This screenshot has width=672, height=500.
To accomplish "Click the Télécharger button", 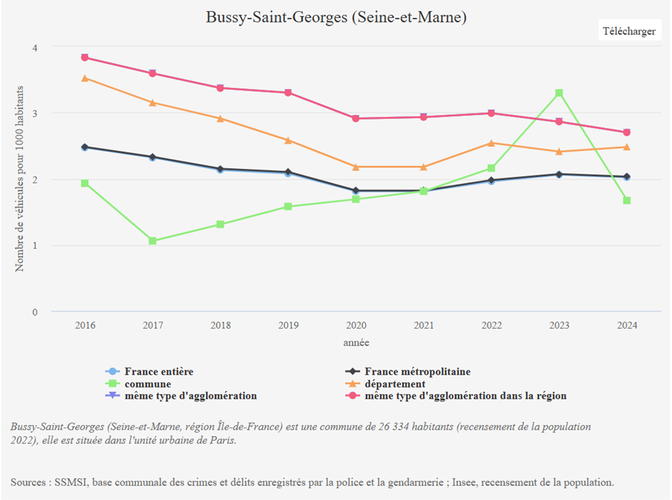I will (x=629, y=31).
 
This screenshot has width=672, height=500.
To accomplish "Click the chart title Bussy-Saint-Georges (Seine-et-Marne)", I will (x=336, y=17).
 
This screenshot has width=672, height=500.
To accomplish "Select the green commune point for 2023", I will (x=559, y=93).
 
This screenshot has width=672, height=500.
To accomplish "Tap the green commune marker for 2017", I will (x=153, y=241).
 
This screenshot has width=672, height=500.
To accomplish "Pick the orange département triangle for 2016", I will (x=85, y=78).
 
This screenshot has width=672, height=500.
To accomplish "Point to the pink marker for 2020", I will (x=356, y=119).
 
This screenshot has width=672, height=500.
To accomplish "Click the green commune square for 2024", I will (x=627, y=201).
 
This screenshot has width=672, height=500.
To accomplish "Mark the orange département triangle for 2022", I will (x=491, y=143).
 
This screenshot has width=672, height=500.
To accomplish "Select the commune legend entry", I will (x=147, y=384).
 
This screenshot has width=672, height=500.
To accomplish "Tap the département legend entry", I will (x=395, y=384).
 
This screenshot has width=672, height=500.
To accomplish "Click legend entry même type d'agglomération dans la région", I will (x=465, y=396).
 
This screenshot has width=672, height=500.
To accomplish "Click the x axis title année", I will (x=356, y=343).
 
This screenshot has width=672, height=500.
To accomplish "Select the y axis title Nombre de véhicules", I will (x=20, y=178).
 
